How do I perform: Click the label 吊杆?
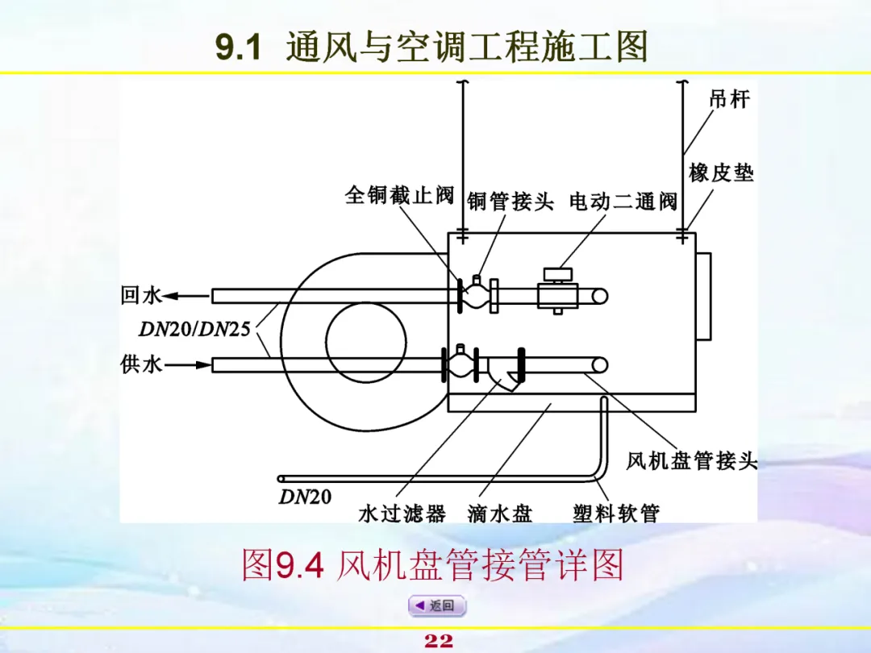point(729,99)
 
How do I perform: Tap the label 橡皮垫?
point(721,173)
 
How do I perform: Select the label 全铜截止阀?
point(399,196)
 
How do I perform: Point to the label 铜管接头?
point(511,202)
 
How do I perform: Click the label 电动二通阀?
point(623,202)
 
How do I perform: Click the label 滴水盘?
point(500,514)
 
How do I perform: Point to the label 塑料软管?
point(616,514)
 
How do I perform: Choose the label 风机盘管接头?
point(692,461)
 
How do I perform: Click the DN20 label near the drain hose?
point(305,497)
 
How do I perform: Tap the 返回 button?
point(436,605)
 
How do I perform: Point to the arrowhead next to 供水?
point(202,365)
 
